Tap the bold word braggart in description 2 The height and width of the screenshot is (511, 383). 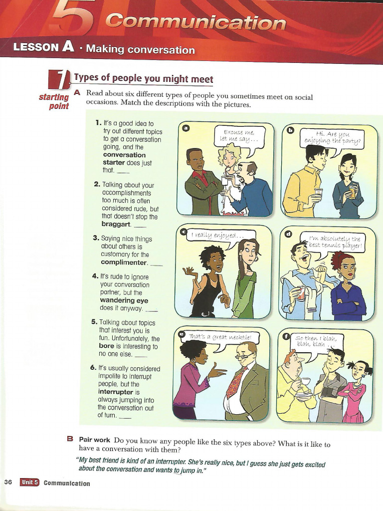pos(116,224)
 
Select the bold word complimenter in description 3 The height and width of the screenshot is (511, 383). pos(124,262)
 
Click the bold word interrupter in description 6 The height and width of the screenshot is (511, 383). pos(116,392)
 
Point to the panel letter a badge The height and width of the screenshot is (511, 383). pos(186,128)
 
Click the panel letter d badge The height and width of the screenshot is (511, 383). pos(288,234)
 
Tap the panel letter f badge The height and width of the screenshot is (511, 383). pos(287,336)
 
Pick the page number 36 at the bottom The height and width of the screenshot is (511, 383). pos(8,482)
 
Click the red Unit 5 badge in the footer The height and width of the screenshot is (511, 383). pos(29,483)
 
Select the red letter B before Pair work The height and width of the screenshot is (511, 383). pos(70,439)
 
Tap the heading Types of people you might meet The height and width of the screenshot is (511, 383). pos(144,78)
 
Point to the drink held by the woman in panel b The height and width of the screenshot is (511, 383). pos(353,191)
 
